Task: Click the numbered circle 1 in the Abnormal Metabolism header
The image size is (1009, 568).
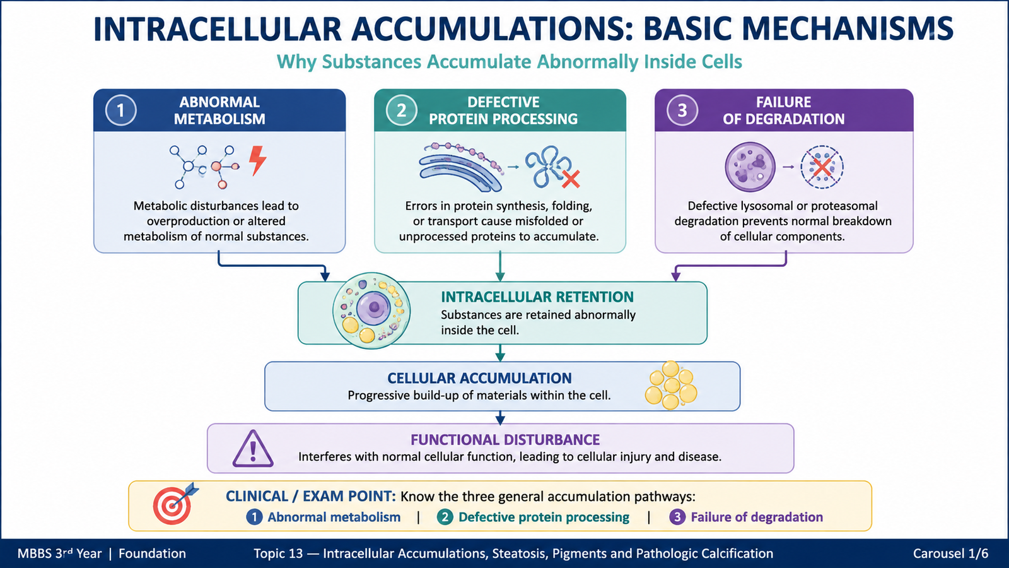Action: pos(120,110)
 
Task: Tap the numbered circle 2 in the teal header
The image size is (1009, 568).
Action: pos(401,110)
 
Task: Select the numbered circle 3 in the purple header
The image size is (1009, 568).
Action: pos(682,110)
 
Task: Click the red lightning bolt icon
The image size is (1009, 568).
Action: pos(258,160)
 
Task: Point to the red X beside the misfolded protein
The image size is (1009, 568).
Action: pos(571,179)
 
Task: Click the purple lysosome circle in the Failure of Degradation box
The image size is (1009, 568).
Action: pos(750,167)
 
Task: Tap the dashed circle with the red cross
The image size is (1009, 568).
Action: pos(822,167)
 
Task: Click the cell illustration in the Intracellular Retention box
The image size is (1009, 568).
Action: pos(371,311)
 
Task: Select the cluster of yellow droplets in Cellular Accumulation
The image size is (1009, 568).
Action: pos(671,385)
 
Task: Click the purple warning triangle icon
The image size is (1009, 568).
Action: pos(253,448)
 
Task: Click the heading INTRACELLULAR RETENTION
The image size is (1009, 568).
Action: pos(537,297)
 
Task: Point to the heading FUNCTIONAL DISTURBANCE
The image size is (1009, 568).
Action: pos(505,439)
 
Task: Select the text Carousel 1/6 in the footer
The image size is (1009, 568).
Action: pos(950,553)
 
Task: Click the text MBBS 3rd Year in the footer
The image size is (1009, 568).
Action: pos(60,553)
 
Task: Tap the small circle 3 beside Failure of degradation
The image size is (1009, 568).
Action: pos(677,517)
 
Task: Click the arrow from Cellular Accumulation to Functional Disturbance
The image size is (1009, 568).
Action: pos(500,418)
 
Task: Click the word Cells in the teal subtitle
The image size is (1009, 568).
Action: pos(722,62)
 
